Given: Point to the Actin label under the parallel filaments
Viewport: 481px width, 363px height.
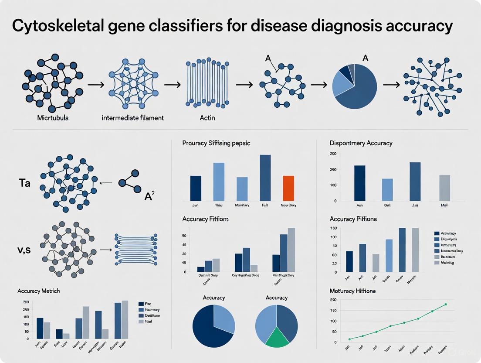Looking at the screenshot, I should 207,118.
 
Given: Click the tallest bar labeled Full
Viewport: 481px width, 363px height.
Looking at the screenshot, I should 265,177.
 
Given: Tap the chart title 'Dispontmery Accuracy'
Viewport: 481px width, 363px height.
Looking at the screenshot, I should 361,143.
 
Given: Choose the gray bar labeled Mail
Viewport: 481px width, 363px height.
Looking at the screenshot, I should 444,188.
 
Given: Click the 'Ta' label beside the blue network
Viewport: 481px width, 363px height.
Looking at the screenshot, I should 24,183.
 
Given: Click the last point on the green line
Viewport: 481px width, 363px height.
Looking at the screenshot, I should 446,304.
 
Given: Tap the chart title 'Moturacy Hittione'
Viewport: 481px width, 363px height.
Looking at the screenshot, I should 352,291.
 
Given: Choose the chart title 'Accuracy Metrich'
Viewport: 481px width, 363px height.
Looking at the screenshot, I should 39,291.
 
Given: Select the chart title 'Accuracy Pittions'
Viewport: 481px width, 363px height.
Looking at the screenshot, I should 353,219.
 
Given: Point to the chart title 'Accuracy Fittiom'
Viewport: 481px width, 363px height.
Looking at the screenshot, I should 206,219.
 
